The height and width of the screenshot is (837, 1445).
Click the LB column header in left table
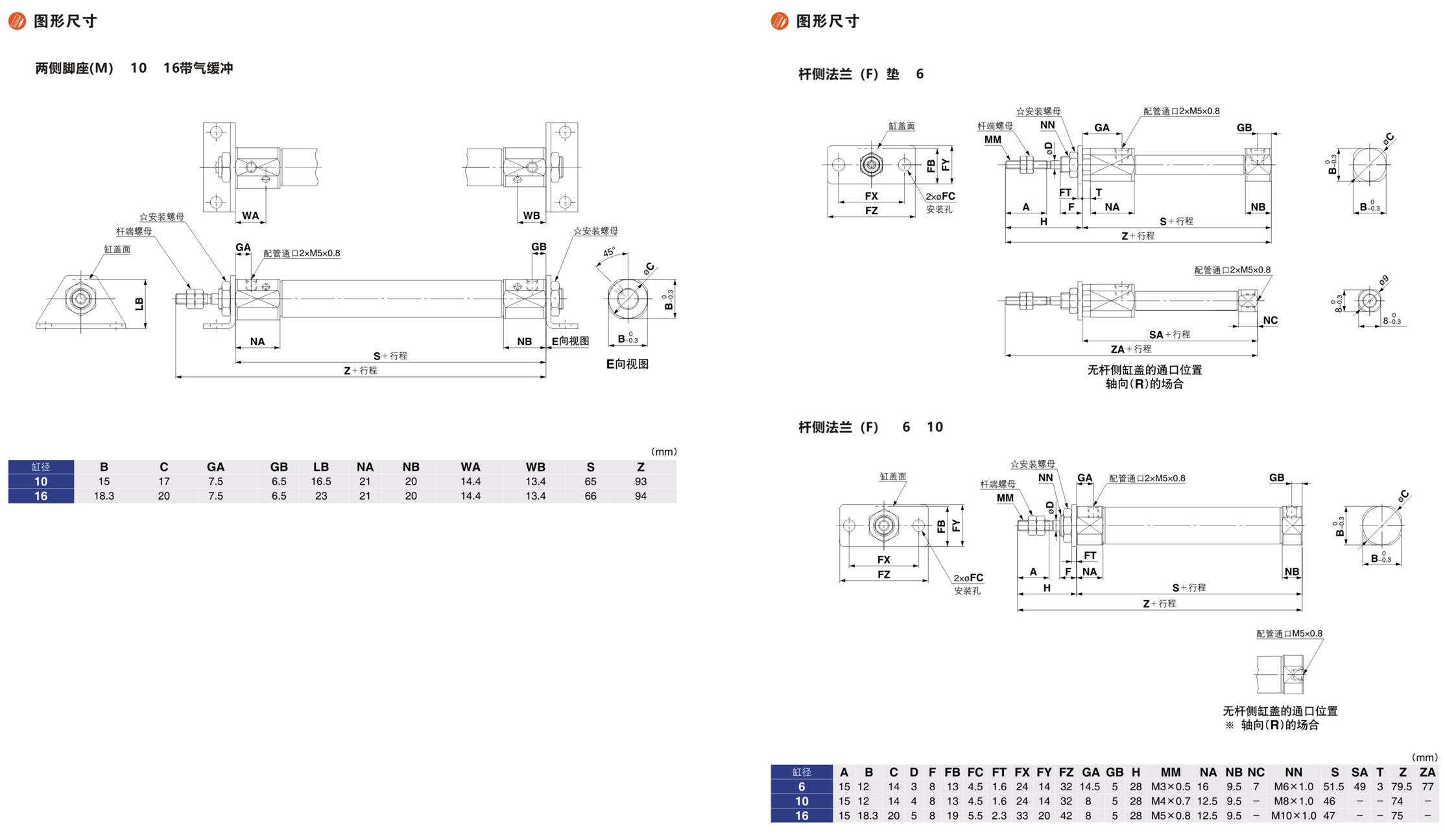point(321,467)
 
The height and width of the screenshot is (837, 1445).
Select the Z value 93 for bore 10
point(641,481)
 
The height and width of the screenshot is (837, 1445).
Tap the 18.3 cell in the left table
point(104,496)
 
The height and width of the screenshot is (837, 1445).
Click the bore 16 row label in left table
point(41,496)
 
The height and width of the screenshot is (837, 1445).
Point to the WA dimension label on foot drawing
point(250,215)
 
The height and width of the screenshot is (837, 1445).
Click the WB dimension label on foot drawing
point(531,215)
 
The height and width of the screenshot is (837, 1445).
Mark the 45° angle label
point(609,252)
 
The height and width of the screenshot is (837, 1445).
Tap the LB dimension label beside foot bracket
point(139,304)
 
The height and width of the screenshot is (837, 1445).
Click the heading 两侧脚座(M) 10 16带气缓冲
point(134,68)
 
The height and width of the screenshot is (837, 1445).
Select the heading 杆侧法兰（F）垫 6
point(861,74)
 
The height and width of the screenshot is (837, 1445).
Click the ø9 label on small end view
point(1383,280)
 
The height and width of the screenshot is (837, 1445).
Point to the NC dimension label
point(1270,321)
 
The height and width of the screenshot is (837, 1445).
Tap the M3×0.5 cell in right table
point(1171,786)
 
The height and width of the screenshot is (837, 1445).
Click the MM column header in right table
point(1171,772)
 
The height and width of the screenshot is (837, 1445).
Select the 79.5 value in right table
point(1402,786)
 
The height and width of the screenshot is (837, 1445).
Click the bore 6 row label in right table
point(802,786)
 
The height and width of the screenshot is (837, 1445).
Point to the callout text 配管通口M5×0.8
point(1289,633)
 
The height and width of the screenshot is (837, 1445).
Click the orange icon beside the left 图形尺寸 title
point(17,21)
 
